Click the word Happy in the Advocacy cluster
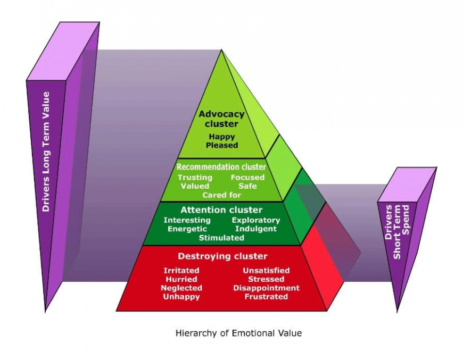(x=222, y=137)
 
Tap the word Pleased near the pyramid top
(x=222, y=145)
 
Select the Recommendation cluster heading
(x=221, y=167)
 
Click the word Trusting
(x=195, y=178)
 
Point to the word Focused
(x=247, y=178)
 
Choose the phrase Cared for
(x=221, y=195)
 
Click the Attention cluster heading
(x=221, y=210)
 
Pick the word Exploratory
(x=255, y=221)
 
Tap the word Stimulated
(x=221, y=238)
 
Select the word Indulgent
(x=255, y=229)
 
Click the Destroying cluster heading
(x=222, y=256)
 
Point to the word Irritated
(x=181, y=271)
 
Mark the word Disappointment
(x=266, y=288)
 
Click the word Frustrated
(x=266, y=297)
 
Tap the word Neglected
(x=181, y=288)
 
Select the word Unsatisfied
(x=266, y=271)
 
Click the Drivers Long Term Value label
(x=46, y=152)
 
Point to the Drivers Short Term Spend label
(x=397, y=232)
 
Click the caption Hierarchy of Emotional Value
(x=238, y=333)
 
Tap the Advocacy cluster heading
(x=221, y=119)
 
